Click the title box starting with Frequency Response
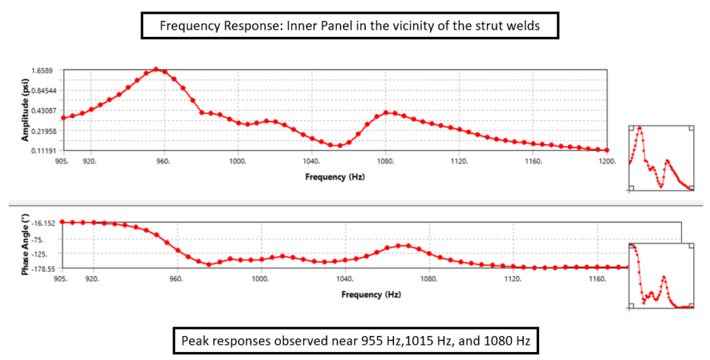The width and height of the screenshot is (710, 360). [x=351, y=27]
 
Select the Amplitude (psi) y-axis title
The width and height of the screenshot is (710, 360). [x=25, y=110]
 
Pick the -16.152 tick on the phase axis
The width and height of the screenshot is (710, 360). [x=44, y=224]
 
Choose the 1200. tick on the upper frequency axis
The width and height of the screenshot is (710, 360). [x=606, y=161]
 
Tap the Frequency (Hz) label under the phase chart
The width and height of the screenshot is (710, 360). [x=371, y=294]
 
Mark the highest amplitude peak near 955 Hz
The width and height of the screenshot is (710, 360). [x=156, y=70]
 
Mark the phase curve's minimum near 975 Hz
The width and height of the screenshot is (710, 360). [x=209, y=264]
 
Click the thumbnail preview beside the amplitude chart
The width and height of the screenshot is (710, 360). [x=661, y=158]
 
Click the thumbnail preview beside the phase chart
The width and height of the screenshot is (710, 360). [x=661, y=275]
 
